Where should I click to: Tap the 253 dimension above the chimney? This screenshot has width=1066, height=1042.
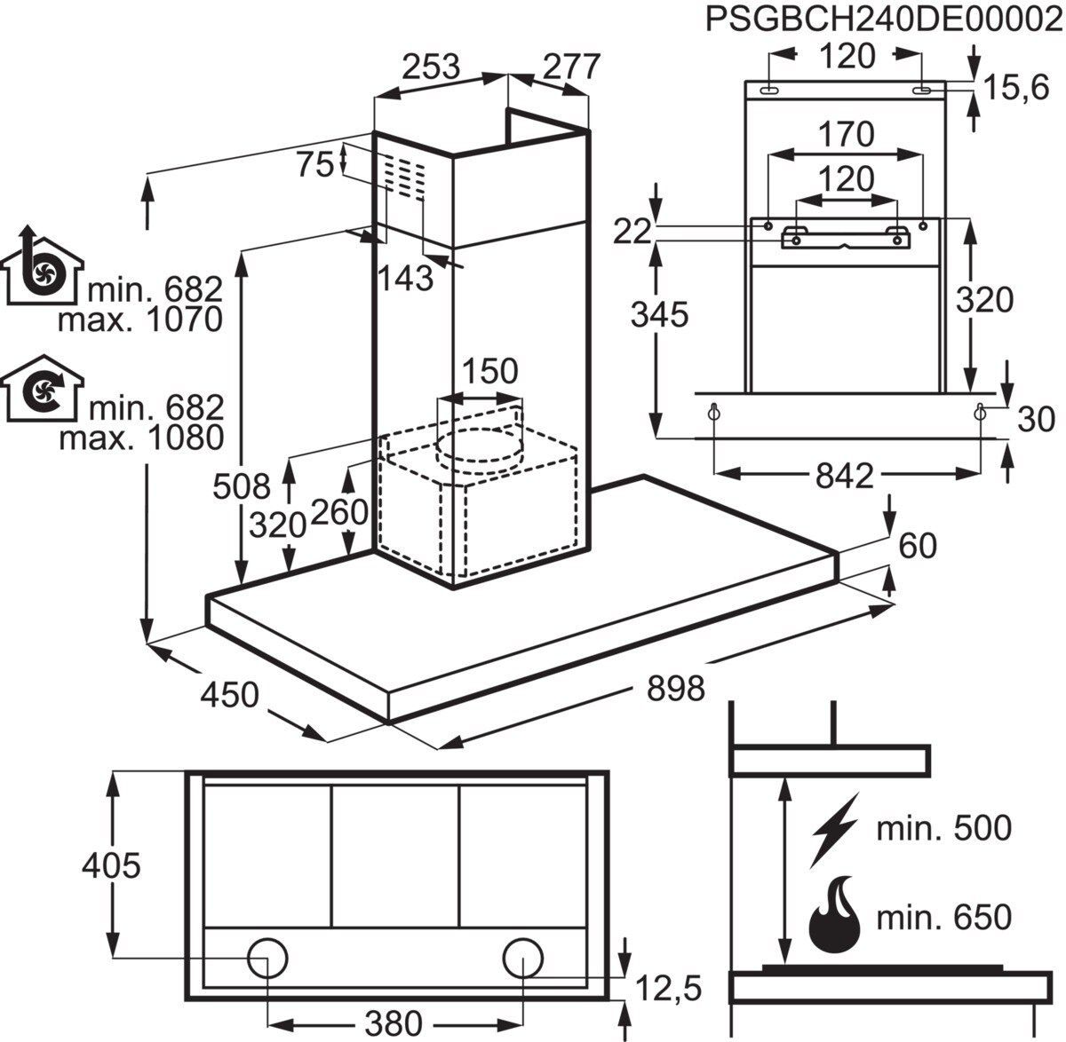(431, 67)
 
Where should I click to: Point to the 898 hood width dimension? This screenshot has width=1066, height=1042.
(674, 687)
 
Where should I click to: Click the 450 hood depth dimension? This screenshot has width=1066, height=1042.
(229, 693)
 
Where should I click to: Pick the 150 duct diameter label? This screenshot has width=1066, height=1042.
(489, 370)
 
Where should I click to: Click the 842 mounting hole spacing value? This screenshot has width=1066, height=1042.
(844, 476)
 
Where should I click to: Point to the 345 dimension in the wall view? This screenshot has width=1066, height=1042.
(659, 313)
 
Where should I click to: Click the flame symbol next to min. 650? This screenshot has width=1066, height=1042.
(834, 915)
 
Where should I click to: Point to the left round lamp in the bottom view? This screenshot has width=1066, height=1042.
(267, 959)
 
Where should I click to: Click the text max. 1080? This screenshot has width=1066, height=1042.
(139, 438)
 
